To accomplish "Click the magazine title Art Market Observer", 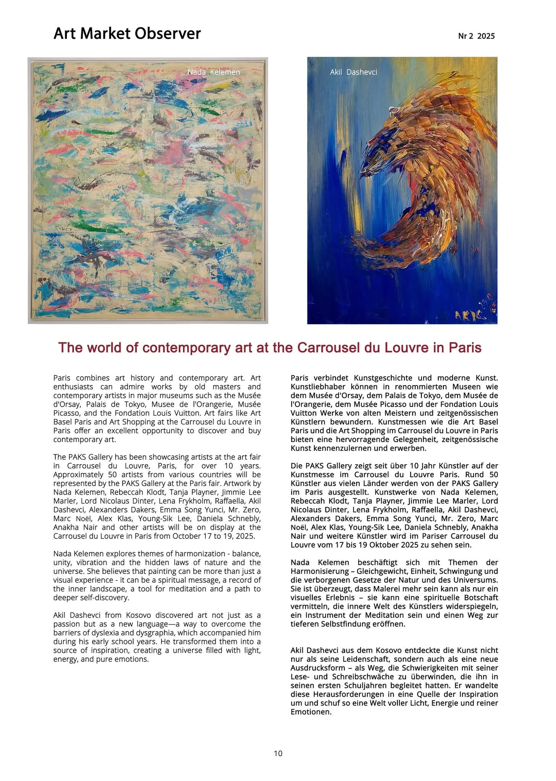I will (x=127, y=34).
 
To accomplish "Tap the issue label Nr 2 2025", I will (x=476, y=36).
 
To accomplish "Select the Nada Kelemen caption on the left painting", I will (x=213, y=72).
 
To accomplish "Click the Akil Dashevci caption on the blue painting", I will (x=353, y=72).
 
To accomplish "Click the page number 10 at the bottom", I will (x=278, y=753).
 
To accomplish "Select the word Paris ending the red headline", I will (x=465, y=348).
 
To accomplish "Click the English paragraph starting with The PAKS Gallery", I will (x=157, y=496).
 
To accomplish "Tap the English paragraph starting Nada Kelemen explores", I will (x=157, y=575).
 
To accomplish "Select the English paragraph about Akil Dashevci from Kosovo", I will (x=157, y=637).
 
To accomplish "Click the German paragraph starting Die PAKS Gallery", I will (x=394, y=505).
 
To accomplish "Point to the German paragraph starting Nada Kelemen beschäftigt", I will (x=394, y=593).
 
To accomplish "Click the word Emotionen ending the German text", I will (x=310, y=712).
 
